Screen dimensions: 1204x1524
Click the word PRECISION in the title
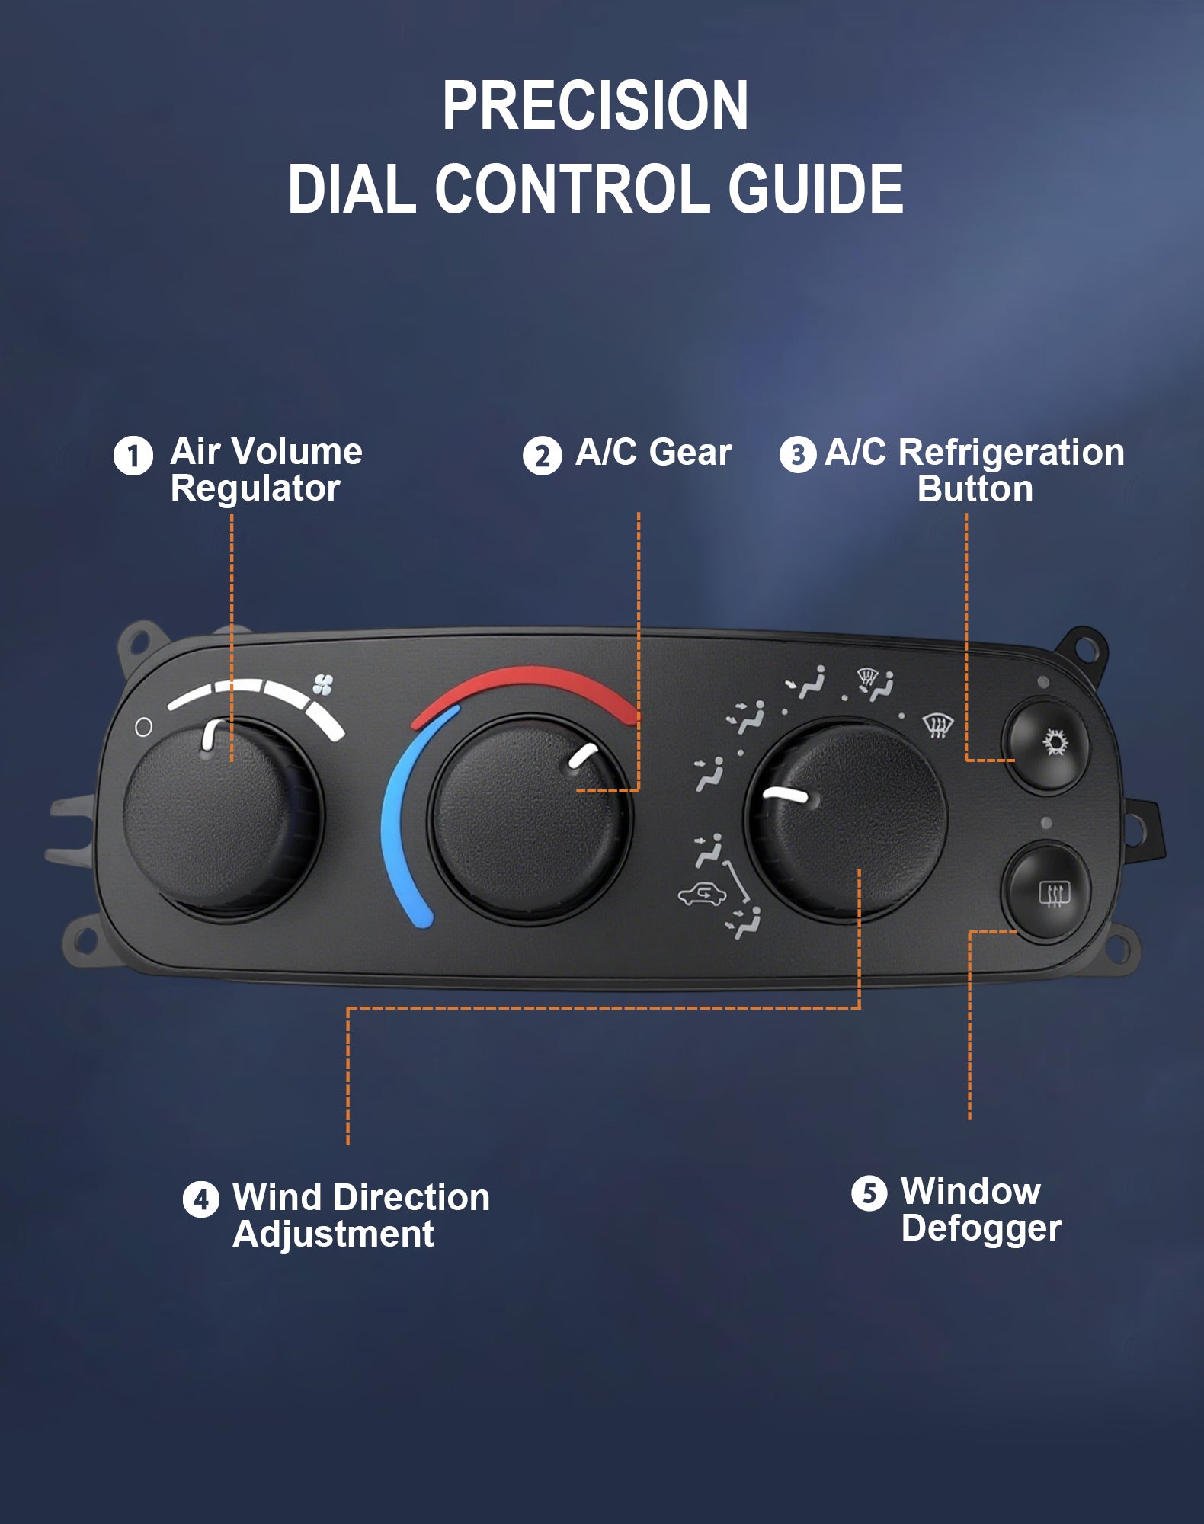click(x=595, y=106)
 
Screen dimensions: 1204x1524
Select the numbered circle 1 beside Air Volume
click(x=133, y=456)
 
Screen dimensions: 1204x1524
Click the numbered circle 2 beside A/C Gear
click(x=542, y=456)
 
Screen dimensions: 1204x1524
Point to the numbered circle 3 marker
click(x=798, y=454)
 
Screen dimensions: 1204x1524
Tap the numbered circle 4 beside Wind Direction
click(x=201, y=1199)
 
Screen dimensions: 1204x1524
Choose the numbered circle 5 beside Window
click(x=869, y=1193)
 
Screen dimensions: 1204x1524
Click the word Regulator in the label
click(x=255, y=489)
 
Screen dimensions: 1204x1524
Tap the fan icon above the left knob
click(x=322, y=684)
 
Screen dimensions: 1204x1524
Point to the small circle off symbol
click(x=143, y=727)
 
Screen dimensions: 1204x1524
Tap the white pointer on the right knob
click(x=786, y=795)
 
